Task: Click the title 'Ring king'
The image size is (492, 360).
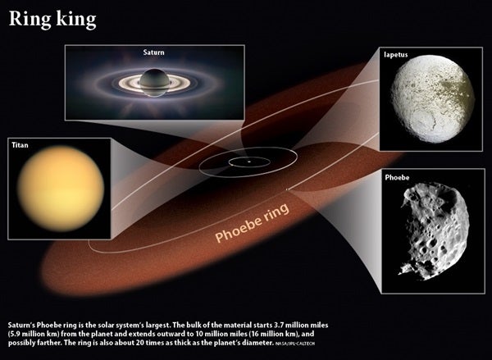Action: click(x=52, y=20)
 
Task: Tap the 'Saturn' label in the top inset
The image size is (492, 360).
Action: click(x=154, y=52)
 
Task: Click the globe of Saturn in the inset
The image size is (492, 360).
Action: click(x=155, y=82)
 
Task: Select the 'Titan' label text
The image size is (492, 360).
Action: click(x=20, y=145)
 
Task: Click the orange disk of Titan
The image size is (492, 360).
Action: click(x=61, y=189)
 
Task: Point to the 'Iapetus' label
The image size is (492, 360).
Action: click(x=396, y=55)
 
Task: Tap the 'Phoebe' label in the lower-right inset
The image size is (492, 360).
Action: click(x=397, y=178)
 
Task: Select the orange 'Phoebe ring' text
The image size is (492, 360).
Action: click(x=252, y=222)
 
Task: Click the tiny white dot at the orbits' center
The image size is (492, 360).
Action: click(x=249, y=162)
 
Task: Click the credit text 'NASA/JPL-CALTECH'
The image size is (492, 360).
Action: click(x=295, y=344)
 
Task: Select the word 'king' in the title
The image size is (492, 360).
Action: click(x=76, y=20)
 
